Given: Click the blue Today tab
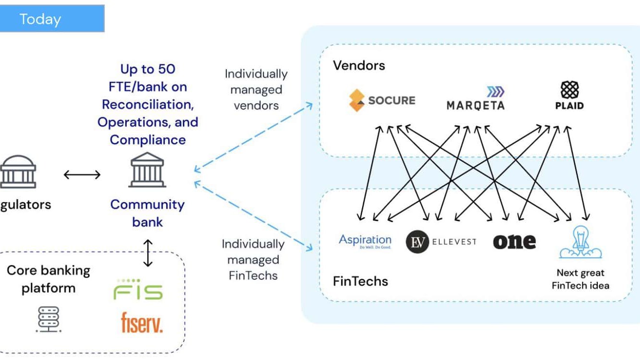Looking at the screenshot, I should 51,19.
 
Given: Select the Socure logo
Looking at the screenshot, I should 382,100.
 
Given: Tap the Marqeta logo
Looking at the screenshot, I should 475,99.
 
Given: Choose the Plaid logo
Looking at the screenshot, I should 569,96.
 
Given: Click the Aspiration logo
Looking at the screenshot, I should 365,241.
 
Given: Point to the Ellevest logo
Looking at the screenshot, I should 441,241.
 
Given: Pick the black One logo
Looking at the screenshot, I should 514,241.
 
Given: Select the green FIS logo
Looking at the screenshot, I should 138,289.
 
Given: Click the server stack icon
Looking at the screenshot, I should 48,319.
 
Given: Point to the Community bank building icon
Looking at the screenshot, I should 147,170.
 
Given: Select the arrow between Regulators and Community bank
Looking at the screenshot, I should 82,175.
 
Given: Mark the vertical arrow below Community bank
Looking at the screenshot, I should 148,253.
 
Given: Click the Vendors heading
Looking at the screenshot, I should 359,65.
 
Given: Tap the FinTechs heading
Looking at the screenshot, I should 360,281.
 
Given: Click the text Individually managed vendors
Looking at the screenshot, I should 256,89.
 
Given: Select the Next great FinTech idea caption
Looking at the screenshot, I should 580,279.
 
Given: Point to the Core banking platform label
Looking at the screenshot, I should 48,279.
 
